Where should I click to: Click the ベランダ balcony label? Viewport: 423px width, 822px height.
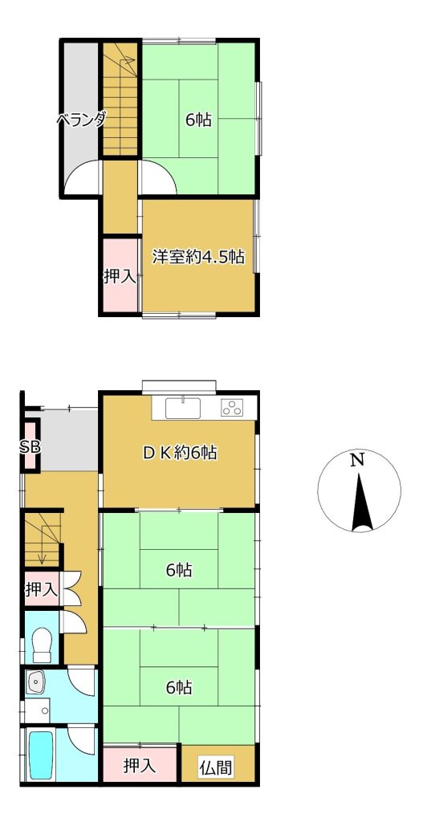[81, 120]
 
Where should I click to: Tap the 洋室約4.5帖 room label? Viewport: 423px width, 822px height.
[199, 257]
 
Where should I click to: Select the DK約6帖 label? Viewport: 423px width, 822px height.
[181, 452]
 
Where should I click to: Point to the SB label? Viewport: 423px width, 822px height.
[30, 446]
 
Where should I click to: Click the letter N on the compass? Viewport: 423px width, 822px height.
[358, 461]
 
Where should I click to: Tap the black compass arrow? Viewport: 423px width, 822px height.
[360, 503]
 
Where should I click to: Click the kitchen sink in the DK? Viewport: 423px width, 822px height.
[183, 409]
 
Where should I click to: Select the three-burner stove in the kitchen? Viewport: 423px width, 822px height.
[232, 408]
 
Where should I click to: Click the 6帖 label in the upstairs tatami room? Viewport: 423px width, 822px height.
[199, 120]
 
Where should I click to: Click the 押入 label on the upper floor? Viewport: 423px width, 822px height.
[120, 276]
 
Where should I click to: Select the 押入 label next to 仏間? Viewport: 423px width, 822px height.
[140, 766]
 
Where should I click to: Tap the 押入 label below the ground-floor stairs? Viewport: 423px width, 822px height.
[42, 589]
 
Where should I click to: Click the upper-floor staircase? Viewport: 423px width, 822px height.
[120, 99]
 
